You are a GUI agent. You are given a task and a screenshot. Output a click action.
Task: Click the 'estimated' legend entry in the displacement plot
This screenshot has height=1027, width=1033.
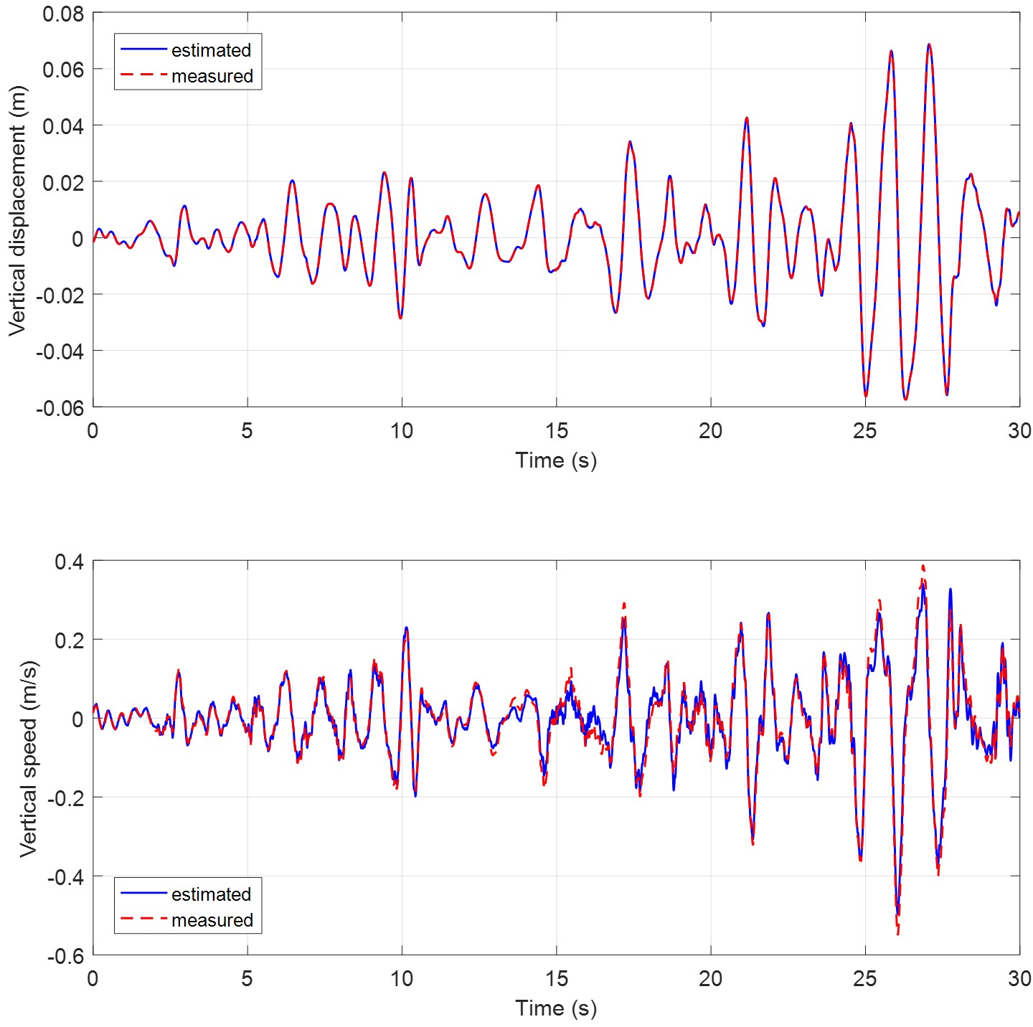tap(211, 50)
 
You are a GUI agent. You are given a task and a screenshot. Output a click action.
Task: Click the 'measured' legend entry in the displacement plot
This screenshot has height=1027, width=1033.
tap(212, 76)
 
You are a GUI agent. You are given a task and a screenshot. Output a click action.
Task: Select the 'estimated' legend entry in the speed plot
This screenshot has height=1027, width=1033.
tap(211, 894)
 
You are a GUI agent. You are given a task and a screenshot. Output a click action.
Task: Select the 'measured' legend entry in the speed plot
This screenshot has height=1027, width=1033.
tap(212, 920)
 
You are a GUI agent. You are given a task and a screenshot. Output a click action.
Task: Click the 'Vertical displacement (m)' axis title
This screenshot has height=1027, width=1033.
tap(17, 211)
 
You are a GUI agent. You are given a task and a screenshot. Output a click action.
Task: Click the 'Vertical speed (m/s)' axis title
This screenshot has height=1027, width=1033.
tap(29, 759)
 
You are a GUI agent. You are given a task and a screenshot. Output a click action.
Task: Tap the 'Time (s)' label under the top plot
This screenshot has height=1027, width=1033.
tap(556, 460)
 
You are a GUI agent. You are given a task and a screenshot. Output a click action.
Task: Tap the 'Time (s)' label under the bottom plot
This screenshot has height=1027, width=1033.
tap(556, 1008)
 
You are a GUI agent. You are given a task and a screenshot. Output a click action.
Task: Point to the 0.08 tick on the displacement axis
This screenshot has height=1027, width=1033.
tap(63, 14)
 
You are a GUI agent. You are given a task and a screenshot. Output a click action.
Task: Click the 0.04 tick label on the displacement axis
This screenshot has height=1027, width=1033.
tap(63, 126)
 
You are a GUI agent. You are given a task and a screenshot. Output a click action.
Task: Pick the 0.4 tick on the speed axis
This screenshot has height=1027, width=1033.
tap(69, 562)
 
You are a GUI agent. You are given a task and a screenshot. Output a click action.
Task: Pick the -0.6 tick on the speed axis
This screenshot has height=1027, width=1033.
tap(66, 955)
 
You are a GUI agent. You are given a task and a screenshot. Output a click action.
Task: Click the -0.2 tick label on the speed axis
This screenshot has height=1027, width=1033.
tap(66, 798)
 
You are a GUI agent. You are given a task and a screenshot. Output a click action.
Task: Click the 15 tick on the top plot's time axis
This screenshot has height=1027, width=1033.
tap(556, 431)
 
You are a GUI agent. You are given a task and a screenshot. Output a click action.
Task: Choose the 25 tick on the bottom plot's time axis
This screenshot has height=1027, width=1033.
tap(865, 979)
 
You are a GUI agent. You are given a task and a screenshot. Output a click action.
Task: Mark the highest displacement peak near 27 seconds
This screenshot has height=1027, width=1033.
tap(929, 44)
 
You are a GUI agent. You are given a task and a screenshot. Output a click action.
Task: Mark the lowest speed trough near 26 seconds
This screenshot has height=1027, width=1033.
tap(897, 933)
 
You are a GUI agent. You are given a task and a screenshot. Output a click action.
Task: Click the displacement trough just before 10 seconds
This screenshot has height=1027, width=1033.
tap(400, 318)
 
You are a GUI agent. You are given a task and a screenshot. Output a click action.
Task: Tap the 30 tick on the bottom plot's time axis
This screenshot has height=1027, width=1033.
tap(1019, 979)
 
